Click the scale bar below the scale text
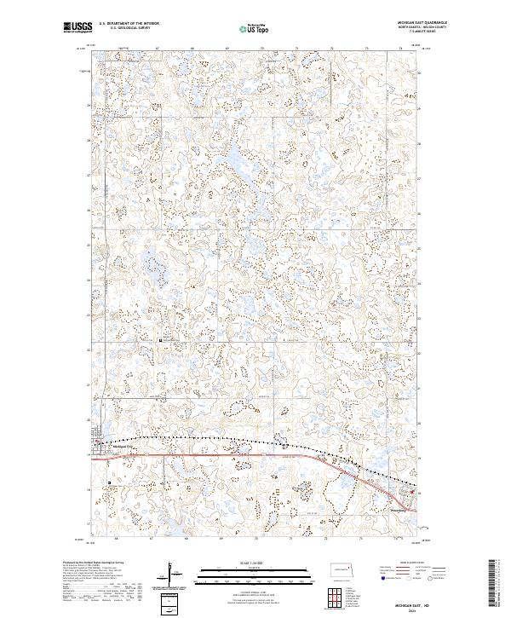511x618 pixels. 255,569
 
